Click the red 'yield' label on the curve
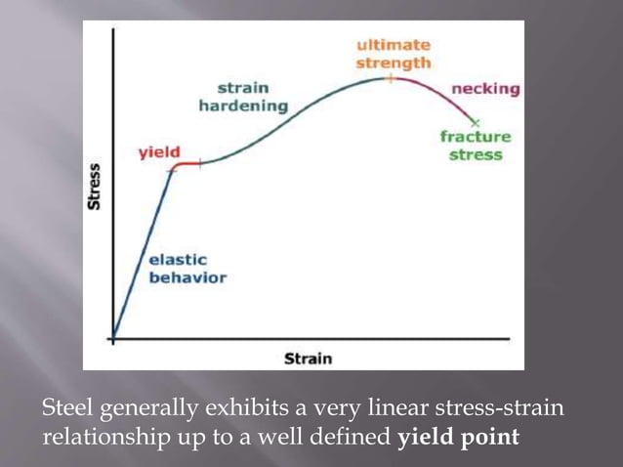click(x=156, y=154)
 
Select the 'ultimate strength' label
click(x=393, y=54)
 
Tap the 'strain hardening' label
click(x=243, y=97)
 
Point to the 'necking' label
click(x=484, y=89)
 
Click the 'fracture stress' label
click(x=476, y=146)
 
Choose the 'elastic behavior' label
click(x=187, y=269)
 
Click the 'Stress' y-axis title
click(x=95, y=187)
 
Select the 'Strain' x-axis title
click(x=308, y=359)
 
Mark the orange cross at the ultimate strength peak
click(x=389, y=77)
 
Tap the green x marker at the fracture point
click(x=476, y=121)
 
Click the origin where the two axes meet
click(x=113, y=339)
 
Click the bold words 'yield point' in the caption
click(x=458, y=436)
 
